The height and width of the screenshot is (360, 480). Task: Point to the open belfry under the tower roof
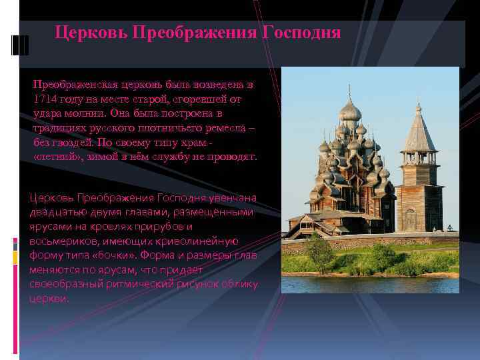[x=419, y=158]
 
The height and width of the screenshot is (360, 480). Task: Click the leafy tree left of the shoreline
[x=320, y=253]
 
